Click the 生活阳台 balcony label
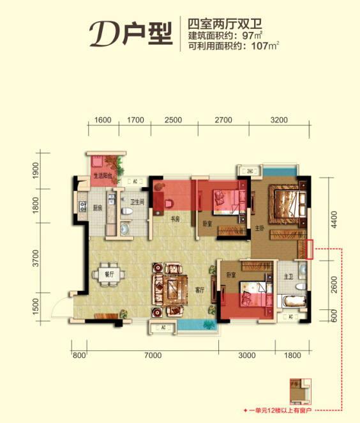pyautogui.click(x=103, y=174)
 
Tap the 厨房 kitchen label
pyautogui.click(x=97, y=208)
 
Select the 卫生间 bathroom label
pyautogui.click(x=137, y=202)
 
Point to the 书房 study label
pyautogui.click(x=174, y=220)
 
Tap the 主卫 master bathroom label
pyautogui.click(x=289, y=277)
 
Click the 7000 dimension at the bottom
pyautogui.click(x=153, y=355)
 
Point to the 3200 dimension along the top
pyautogui.click(x=279, y=119)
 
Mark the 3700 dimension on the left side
pyautogui.click(x=36, y=259)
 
